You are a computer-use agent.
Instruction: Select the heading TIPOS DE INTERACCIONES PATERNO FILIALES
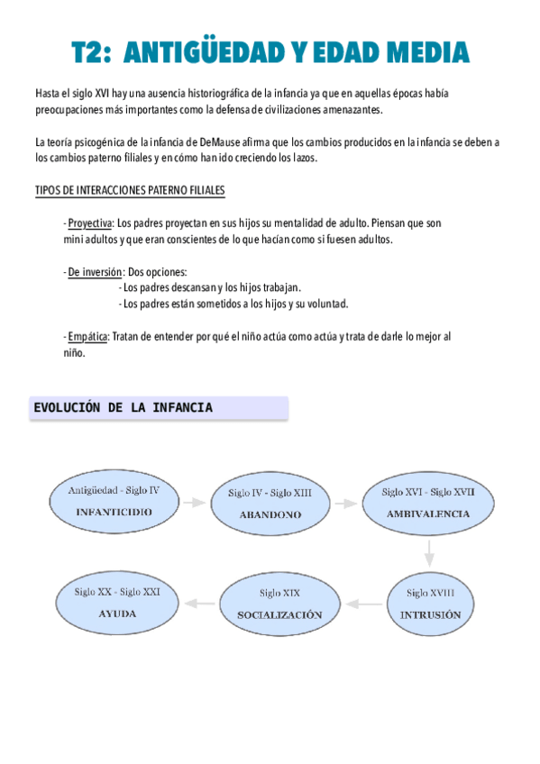(130, 191)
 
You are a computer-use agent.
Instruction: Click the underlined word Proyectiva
(90, 223)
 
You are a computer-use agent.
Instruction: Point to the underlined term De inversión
(95, 272)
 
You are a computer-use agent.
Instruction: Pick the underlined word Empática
(87, 336)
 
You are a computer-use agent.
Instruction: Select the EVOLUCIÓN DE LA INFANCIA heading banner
(160, 408)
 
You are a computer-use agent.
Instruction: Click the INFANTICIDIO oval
(114, 500)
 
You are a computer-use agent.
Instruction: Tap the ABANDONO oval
(270, 504)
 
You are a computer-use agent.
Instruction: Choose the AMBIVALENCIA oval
(427, 502)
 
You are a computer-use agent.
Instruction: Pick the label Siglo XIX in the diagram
(279, 593)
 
